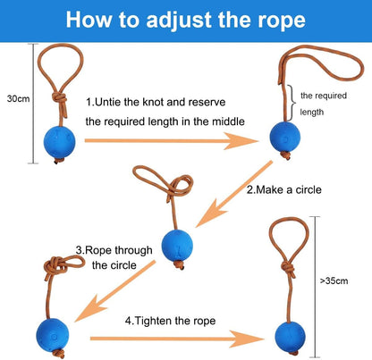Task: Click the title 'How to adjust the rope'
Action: point(185,20)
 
